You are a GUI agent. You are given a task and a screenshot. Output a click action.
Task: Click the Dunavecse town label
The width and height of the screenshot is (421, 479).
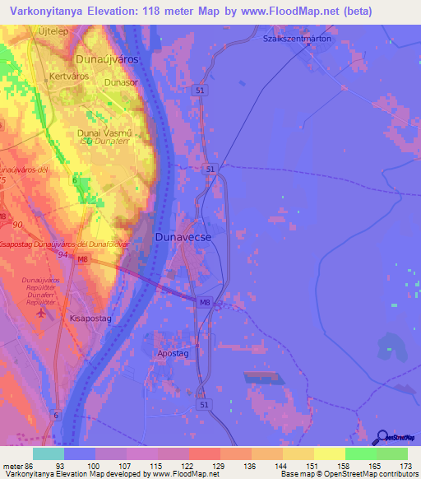183,237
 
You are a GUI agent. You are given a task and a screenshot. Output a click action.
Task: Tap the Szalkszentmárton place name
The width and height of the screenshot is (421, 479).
297,39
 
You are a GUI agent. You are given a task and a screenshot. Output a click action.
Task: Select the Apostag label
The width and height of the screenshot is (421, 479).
173,353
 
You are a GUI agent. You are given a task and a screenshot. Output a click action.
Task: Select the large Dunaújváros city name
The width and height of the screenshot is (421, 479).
107,60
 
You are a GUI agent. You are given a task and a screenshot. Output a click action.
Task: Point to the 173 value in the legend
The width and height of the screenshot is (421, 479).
405,465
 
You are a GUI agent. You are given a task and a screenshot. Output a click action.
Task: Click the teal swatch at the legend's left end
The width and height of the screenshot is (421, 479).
49,453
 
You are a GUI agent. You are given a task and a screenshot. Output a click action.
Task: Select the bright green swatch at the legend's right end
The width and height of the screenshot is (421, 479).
392,453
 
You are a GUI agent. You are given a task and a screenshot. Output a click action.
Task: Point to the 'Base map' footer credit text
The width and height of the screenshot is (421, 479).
301,474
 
